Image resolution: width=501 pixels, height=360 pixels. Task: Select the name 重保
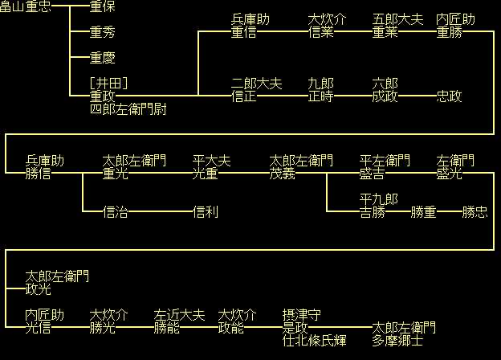(x=103, y=6)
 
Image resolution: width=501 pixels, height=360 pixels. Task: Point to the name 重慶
(x=103, y=58)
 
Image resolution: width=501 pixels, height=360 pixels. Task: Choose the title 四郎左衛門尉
(x=128, y=109)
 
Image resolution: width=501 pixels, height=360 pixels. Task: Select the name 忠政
(x=450, y=96)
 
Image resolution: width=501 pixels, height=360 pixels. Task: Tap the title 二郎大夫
(x=257, y=84)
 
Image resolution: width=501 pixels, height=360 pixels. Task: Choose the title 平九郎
(x=379, y=199)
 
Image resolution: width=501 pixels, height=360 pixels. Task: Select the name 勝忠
(x=475, y=212)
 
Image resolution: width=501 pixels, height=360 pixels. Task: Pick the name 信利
(x=206, y=212)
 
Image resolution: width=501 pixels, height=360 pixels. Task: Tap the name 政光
(x=39, y=289)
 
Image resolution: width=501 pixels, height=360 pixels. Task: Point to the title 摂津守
(x=302, y=315)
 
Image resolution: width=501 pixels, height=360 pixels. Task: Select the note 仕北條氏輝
(x=315, y=341)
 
